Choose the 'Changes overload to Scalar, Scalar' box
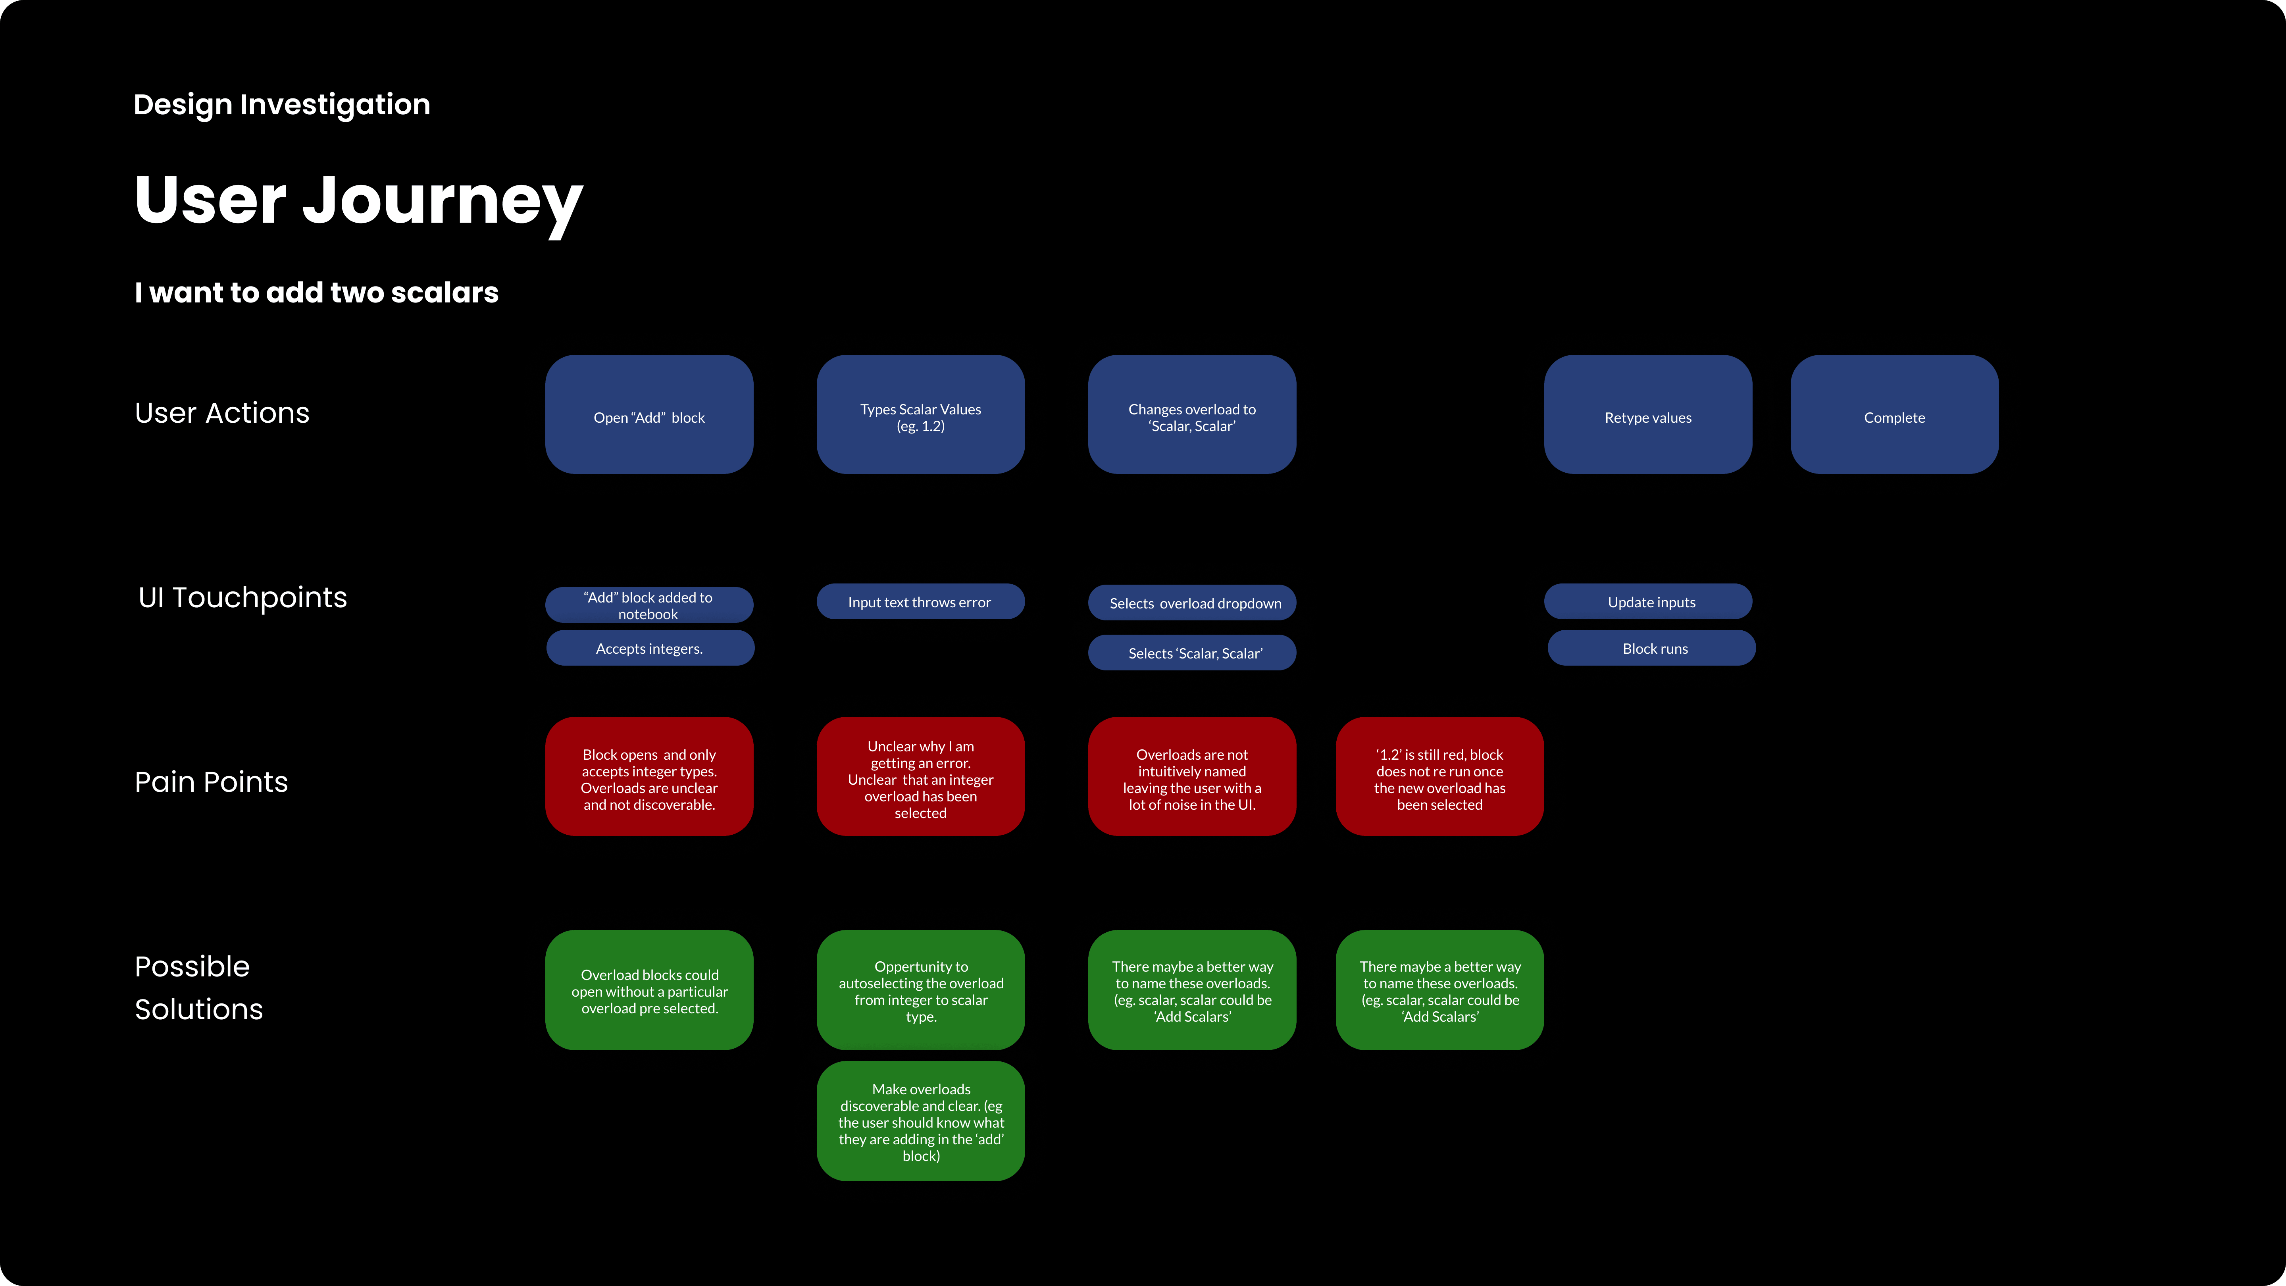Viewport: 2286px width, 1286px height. click(1192, 414)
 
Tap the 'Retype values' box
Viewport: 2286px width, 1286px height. click(1648, 414)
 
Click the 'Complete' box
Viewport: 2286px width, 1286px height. click(1895, 414)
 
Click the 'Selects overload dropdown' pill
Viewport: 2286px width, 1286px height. click(1192, 603)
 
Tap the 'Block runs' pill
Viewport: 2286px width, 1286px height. click(1651, 648)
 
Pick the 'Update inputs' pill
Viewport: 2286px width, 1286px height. click(1648, 602)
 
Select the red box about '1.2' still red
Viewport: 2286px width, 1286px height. click(1439, 777)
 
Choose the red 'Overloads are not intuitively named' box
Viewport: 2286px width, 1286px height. click(1192, 777)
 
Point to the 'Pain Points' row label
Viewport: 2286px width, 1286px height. click(211, 782)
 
